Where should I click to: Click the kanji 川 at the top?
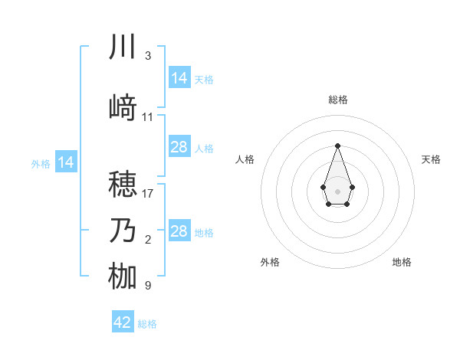click(x=123, y=47)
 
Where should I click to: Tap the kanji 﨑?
click(x=123, y=108)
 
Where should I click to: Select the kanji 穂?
click(x=123, y=185)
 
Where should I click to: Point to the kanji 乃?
click(x=123, y=231)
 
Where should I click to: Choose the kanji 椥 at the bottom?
click(x=123, y=277)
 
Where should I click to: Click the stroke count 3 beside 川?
click(x=147, y=56)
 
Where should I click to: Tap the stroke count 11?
click(x=148, y=117)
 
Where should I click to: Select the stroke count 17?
click(x=148, y=194)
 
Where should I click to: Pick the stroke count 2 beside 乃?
click(x=147, y=240)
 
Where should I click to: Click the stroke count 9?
click(x=147, y=286)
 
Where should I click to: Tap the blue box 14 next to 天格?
click(x=179, y=77)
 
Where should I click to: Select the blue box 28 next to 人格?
click(x=179, y=147)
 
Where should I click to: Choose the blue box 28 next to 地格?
click(x=179, y=231)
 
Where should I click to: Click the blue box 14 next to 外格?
click(x=66, y=162)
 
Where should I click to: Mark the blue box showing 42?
click(x=123, y=322)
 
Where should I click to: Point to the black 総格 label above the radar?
click(x=337, y=100)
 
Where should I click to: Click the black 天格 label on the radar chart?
click(x=431, y=159)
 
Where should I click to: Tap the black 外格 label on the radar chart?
click(x=270, y=262)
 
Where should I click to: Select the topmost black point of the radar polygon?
click(x=337, y=146)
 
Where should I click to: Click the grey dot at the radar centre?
click(x=337, y=191)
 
